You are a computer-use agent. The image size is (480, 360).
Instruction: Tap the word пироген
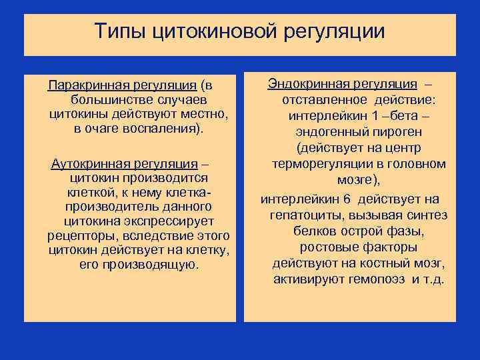[x=380, y=132]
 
